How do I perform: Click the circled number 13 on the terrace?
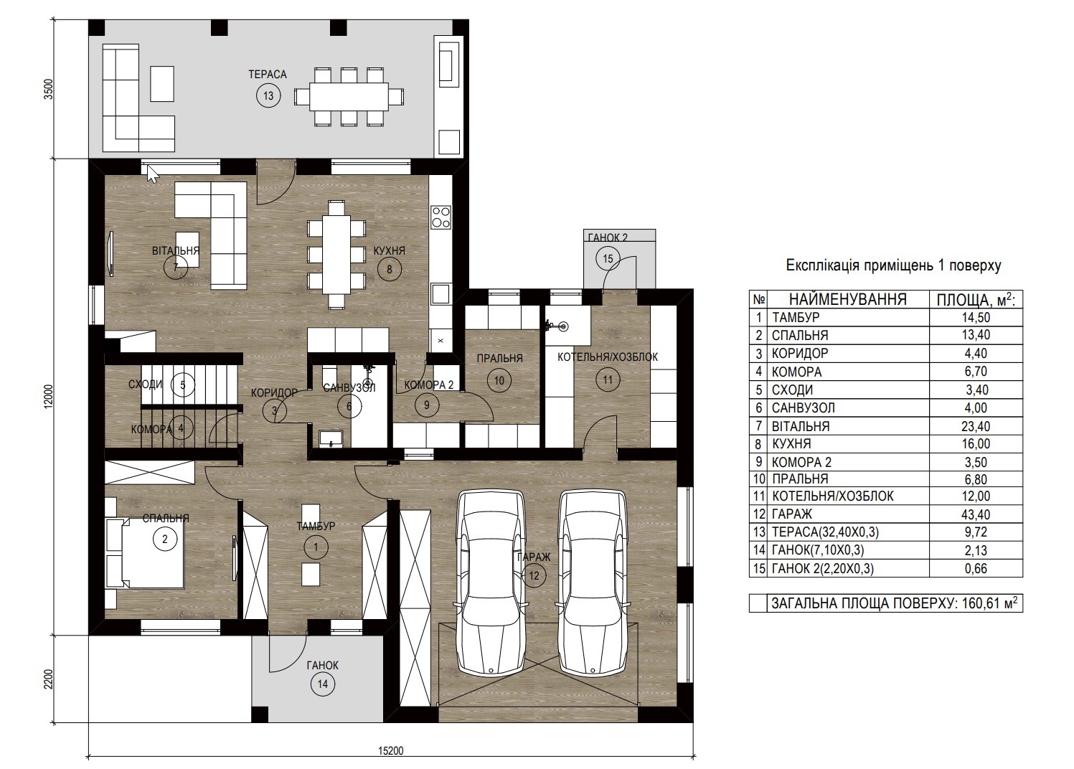point(268,95)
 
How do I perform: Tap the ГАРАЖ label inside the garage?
point(534,557)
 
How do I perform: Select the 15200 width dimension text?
point(391,751)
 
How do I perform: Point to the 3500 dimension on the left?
point(48,89)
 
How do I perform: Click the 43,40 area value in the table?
point(976,514)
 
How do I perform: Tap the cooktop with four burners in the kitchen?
point(441,217)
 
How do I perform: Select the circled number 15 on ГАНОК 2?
point(608,259)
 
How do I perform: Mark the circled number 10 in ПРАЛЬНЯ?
point(499,381)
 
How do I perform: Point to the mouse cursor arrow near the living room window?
point(153,174)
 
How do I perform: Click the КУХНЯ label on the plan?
point(389,251)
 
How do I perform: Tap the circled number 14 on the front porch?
point(323,684)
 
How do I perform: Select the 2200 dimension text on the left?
point(48,679)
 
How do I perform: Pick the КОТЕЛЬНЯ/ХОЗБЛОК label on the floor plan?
point(608,357)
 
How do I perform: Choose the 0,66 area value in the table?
point(976,569)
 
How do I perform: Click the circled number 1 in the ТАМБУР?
point(316,547)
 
